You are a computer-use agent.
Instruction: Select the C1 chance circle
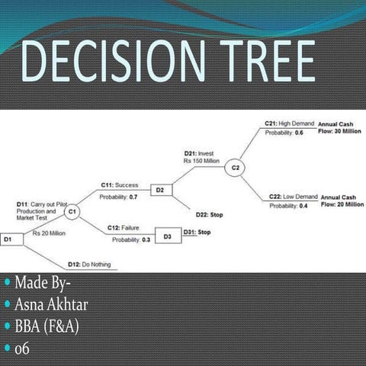(x=72, y=213)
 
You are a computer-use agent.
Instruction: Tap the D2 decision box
(x=160, y=189)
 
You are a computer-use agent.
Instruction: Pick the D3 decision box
(x=168, y=236)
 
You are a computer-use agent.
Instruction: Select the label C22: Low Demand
(x=291, y=197)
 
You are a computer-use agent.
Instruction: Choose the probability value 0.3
(x=147, y=239)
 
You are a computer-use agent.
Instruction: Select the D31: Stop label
(x=197, y=232)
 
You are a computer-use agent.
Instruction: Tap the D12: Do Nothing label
(x=90, y=264)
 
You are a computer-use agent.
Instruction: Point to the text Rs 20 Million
(x=50, y=234)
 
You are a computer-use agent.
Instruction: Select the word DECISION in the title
(x=105, y=62)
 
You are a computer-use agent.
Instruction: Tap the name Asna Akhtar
(x=51, y=306)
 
